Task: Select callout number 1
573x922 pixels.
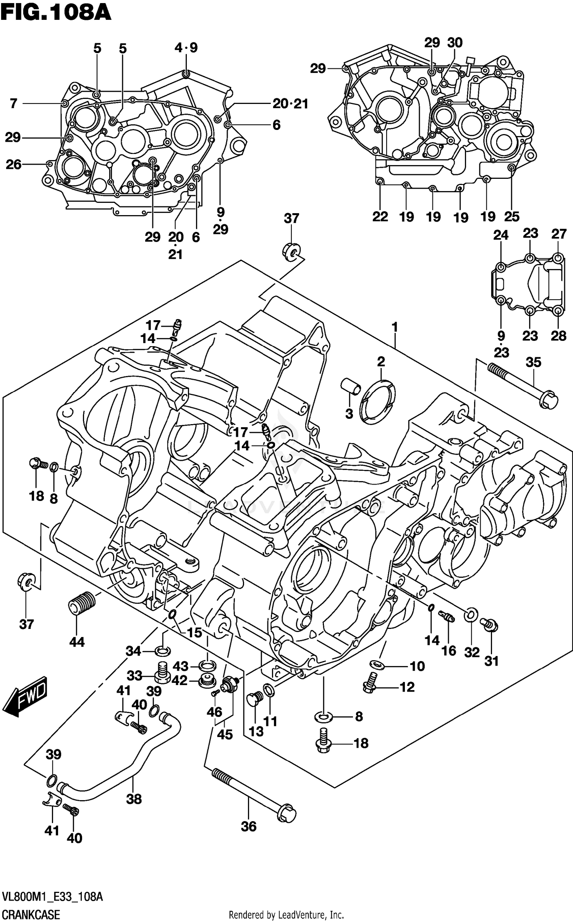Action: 395,327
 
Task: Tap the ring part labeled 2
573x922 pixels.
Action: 378,402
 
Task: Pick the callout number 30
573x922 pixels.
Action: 455,42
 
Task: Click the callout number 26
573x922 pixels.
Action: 14,164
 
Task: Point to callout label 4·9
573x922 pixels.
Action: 186,48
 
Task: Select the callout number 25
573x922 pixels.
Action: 512,217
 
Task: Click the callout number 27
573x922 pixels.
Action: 558,233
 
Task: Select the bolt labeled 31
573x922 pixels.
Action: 490,624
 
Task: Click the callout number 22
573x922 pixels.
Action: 380,217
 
